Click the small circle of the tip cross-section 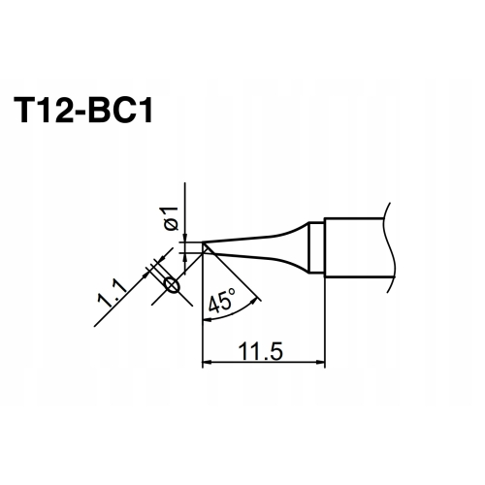(x=172, y=285)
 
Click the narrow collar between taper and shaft (x=314, y=248)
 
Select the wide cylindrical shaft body (x=354, y=247)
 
